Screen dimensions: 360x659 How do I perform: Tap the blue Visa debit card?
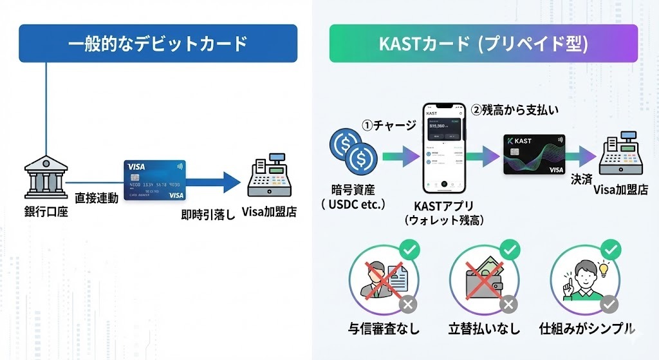coord(154,180)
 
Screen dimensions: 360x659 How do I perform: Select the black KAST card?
coord(534,155)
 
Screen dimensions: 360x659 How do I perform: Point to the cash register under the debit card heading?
coord(270,178)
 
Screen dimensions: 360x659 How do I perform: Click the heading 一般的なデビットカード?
coord(158,44)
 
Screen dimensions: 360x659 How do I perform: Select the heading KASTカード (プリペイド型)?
coord(483,44)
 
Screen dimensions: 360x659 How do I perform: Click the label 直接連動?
coord(97,198)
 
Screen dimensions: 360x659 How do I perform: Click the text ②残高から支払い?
coord(515,109)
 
